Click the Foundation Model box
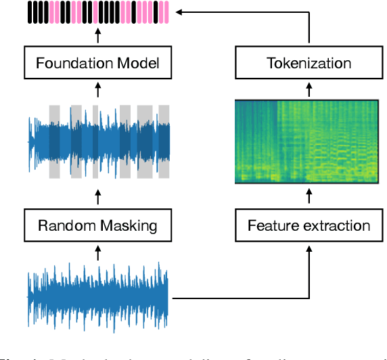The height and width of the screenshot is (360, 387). (97, 64)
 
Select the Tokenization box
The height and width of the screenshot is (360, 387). (308, 64)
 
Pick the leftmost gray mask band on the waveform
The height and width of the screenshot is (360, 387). (55, 141)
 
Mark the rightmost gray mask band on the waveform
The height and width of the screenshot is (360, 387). (164, 141)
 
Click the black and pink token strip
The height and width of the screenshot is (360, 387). (97, 13)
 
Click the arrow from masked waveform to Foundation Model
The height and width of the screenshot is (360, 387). (97, 89)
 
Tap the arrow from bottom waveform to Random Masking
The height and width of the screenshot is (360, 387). (97, 253)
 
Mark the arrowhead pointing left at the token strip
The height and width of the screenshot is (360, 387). (177, 12)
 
